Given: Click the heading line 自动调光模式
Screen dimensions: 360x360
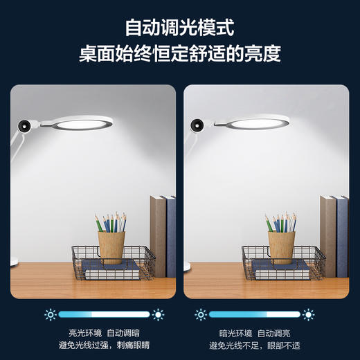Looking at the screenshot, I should pyautogui.click(x=179, y=28).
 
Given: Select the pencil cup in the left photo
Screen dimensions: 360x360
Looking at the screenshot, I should pyautogui.click(x=111, y=246).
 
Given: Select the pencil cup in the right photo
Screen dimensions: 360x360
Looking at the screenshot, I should pyautogui.click(x=281, y=246).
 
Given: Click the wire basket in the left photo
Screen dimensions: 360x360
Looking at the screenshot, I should pyautogui.click(x=111, y=263).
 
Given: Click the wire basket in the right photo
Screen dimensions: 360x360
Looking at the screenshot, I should pyautogui.click(x=282, y=263).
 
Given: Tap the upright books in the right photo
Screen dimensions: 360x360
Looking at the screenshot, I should pyautogui.click(x=334, y=235).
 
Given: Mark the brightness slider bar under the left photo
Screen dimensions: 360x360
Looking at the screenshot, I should pyautogui.click(x=104, y=315).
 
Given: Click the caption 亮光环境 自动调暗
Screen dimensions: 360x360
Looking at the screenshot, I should pyautogui.click(x=105, y=332).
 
